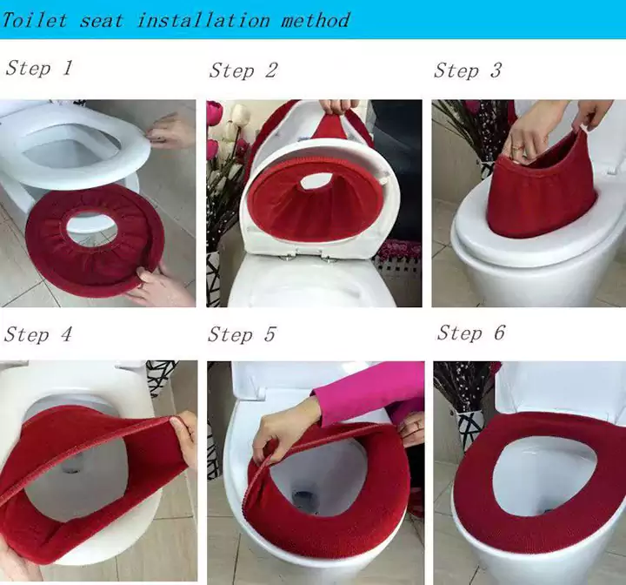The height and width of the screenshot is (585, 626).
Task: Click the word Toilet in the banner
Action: [34, 20]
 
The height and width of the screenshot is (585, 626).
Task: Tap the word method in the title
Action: [316, 20]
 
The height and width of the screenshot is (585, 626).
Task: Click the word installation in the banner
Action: [203, 20]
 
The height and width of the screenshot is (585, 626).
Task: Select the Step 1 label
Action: [39, 68]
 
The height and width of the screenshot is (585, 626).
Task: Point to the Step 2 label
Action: [243, 71]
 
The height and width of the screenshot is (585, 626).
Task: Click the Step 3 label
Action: [467, 71]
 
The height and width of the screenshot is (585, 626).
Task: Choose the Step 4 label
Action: [38, 334]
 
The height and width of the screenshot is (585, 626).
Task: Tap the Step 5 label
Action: [242, 334]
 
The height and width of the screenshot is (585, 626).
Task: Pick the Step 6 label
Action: [470, 333]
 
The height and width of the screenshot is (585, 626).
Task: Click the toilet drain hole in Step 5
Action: [303, 500]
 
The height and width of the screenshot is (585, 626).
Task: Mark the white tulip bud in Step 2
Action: [241, 115]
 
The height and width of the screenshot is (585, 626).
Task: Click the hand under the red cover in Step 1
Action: [159, 283]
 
